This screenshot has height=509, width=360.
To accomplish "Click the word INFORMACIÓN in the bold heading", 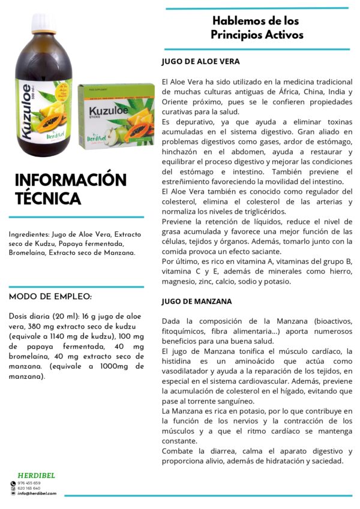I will click(70, 180).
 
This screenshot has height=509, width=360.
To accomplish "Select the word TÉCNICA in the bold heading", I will click(47, 198).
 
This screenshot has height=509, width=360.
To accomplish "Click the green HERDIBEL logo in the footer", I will click(36, 475).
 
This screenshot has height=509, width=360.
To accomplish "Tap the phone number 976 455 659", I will click(29, 483).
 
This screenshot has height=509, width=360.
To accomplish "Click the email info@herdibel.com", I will click(37, 493).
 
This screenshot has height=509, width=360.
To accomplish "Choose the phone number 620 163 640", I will click(29, 489).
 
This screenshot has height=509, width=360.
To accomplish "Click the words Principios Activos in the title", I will click(257, 35).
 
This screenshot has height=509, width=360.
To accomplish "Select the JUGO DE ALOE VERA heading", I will click(200, 61).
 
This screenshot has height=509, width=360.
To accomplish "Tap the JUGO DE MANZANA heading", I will click(197, 301).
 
